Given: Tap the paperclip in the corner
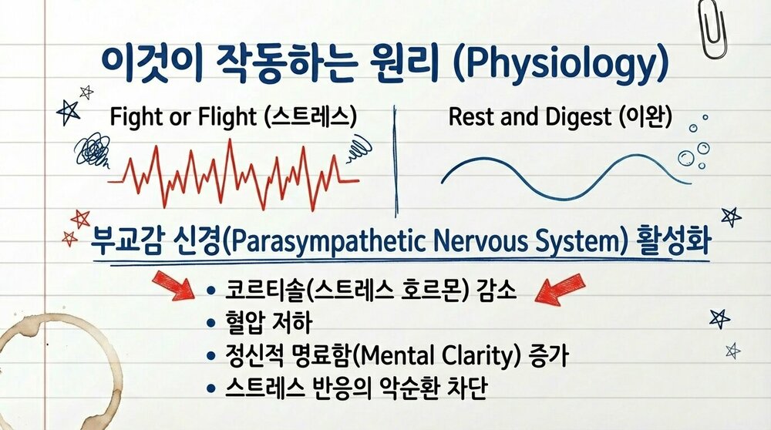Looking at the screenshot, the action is (714, 29).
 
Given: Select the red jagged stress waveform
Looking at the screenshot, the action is (234, 175).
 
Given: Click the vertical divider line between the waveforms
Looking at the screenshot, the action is (396, 160).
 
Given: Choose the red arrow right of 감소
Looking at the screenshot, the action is (560, 289).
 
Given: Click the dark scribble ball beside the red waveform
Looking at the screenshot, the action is (91, 149).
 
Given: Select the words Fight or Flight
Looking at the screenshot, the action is (183, 117).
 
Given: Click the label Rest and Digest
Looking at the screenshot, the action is (530, 117).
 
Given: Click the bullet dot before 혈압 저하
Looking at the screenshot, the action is (211, 324).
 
